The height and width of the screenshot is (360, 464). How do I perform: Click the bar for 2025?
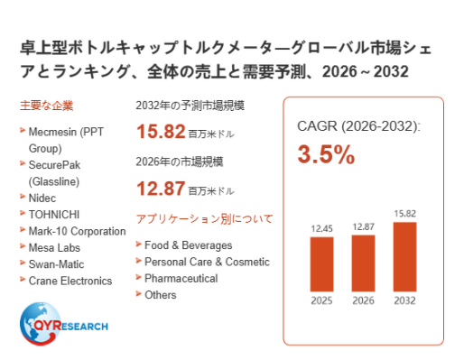pyautogui.click(x=321, y=264)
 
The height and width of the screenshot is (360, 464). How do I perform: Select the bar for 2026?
pyautogui.click(x=363, y=263)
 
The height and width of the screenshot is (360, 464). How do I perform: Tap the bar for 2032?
pyautogui.click(x=404, y=257)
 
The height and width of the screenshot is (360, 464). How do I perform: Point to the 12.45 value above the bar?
pyautogui.click(x=321, y=228)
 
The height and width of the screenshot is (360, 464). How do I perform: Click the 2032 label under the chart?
pyautogui.click(x=404, y=300)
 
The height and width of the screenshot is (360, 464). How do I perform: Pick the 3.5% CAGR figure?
pyautogui.click(x=326, y=154)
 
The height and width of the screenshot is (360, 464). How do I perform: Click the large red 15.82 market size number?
pyautogui.click(x=161, y=132)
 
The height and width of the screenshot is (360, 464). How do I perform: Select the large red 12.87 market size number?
pyautogui.click(x=161, y=189)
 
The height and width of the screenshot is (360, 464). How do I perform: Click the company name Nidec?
pyautogui.click(x=42, y=198)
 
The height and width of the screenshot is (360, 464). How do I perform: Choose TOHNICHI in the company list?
pyautogui.click(x=54, y=215)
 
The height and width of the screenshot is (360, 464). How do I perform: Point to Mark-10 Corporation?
pyautogui.click(x=77, y=231)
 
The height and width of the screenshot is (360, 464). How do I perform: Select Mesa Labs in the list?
pyautogui.click(x=54, y=248)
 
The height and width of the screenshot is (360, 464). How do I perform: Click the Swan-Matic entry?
pyautogui.click(x=56, y=264)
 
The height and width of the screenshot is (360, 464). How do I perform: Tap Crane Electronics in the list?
pyautogui.click(x=70, y=281)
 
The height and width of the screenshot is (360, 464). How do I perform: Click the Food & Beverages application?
pyautogui.click(x=189, y=245)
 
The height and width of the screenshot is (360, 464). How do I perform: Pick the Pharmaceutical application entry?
pyautogui.click(x=181, y=279)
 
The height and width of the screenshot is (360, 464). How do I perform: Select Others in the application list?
pyautogui.click(x=161, y=295)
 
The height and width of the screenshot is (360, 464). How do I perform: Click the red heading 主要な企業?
pyautogui.click(x=47, y=106)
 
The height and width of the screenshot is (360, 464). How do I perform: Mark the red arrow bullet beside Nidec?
pyautogui.click(x=23, y=197)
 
